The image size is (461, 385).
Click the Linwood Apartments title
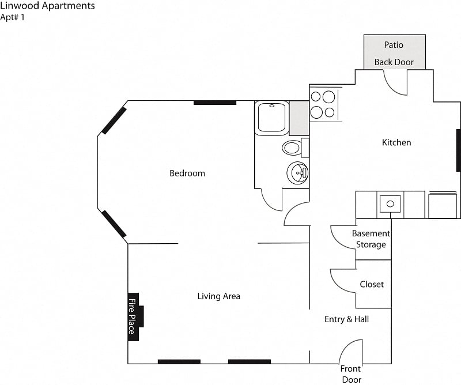[48, 6]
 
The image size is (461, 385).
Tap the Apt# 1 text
[13, 17]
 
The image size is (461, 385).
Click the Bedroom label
[187, 173]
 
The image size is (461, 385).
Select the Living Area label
[218, 296]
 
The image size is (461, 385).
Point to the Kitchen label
[396, 142]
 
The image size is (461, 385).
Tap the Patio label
[394, 45]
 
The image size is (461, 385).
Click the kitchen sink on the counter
[390, 203]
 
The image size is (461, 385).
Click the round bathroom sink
[298, 172]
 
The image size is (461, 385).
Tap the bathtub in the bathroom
[271, 118]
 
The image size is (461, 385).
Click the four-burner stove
[323, 104]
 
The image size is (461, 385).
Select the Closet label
[372, 284]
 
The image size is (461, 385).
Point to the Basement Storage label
[371, 239]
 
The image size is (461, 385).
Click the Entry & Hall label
[346, 319]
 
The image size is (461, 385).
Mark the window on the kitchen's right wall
[458, 150]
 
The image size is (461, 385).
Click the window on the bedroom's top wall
[214, 103]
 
